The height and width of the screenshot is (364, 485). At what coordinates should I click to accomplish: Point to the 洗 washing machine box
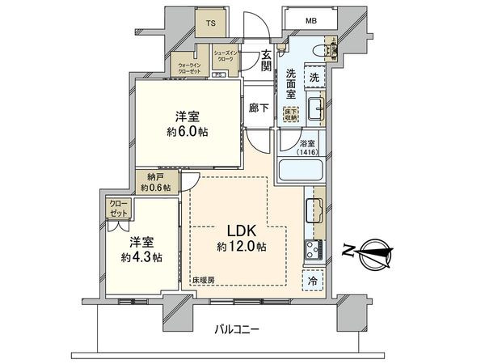pyautogui.click(x=314, y=78)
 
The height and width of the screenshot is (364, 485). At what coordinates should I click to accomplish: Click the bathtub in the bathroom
pyautogui.click(x=301, y=171)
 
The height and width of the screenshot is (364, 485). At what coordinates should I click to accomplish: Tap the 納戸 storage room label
pyautogui.click(x=154, y=182)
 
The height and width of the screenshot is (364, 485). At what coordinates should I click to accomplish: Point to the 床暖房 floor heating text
pyautogui.click(x=202, y=280)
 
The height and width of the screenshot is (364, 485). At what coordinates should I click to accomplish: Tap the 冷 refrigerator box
pyautogui.click(x=312, y=281)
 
